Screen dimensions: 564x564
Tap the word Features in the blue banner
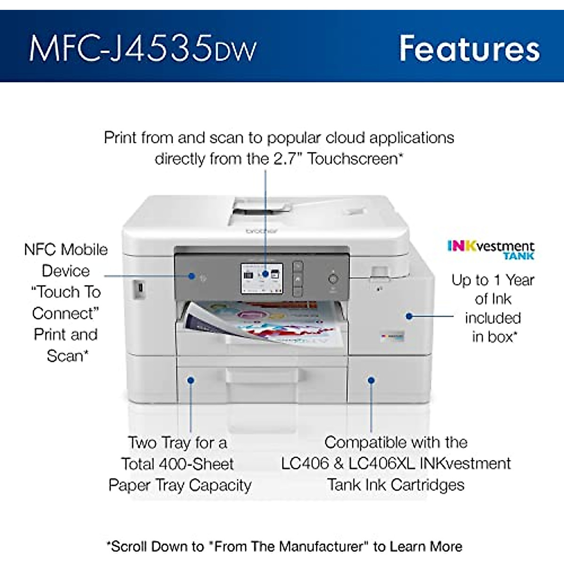click(469, 48)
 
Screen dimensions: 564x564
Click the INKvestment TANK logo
click(491, 250)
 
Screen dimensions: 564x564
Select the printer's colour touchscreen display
click(262, 278)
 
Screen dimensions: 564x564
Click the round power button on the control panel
click(333, 279)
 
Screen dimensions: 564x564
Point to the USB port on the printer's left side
click(139, 289)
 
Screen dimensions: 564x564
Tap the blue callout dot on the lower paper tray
click(191, 380)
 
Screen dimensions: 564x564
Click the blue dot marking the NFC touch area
click(192, 276)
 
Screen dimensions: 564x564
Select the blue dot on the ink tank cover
click(409, 316)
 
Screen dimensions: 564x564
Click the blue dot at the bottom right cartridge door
click(371, 380)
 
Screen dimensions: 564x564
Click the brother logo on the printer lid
click(262, 231)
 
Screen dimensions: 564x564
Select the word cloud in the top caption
click(345, 138)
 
